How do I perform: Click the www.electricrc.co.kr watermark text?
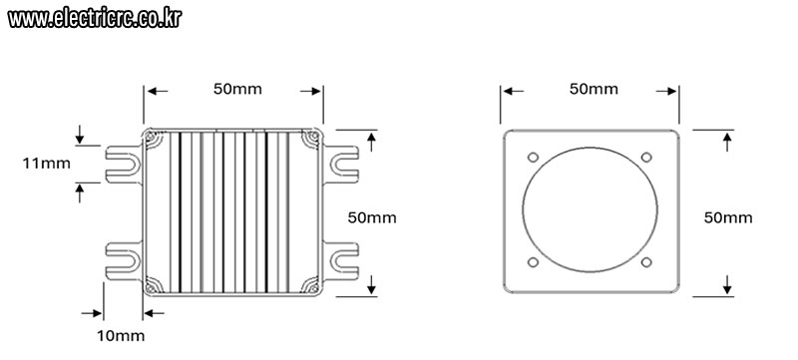point(95,18)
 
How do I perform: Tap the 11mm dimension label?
point(46,164)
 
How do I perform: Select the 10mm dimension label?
point(121,336)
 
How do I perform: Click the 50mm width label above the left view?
point(237,89)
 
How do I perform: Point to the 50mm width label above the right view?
point(594,89)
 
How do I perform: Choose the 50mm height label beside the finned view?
point(372,218)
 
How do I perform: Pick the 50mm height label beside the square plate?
point(728,218)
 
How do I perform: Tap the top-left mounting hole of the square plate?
point(533,158)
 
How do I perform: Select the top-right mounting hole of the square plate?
point(646,158)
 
